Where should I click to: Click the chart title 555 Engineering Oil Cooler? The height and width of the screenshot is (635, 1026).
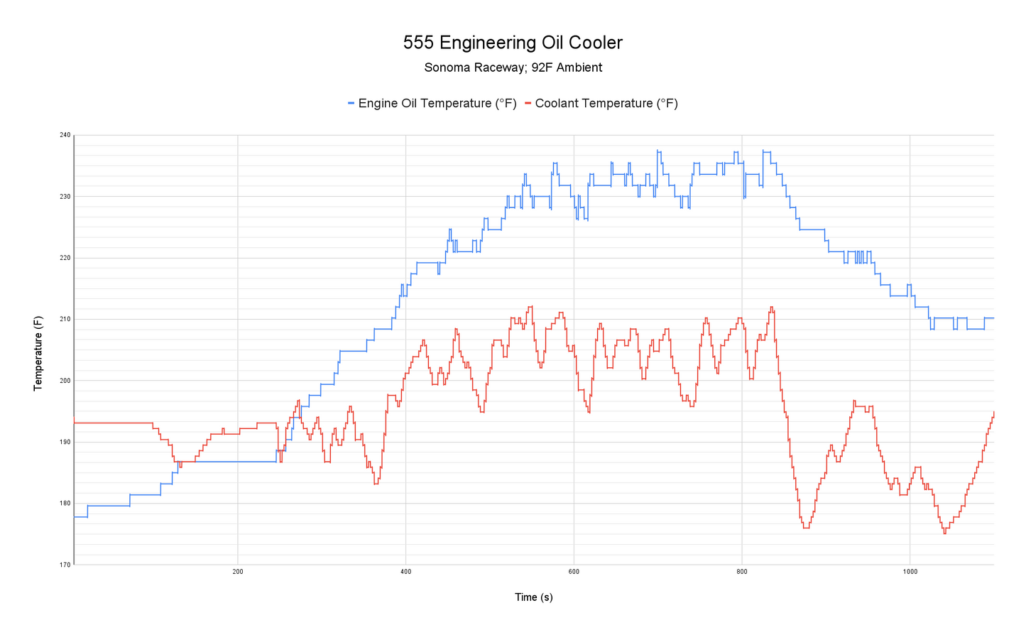click(x=513, y=43)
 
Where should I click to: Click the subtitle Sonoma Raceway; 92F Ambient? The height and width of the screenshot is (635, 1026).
click(x=513, y=68)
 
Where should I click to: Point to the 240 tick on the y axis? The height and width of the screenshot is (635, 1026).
click(x=65, y=135)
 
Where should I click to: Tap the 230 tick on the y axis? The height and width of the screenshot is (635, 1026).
click(x=65, y=197)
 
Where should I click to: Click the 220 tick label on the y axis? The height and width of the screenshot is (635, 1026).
click(x=65, y=258)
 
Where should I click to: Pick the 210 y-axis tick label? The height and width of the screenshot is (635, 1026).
click(x=65, y=320)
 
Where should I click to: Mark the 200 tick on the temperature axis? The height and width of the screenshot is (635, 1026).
click(x=65, y=381)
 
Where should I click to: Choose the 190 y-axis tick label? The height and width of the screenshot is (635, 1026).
click(x=65, y=443)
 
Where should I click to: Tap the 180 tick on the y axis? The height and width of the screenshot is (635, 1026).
click(x=65, y=504)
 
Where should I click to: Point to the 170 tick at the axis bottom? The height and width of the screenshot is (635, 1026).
click(x=65, y=565)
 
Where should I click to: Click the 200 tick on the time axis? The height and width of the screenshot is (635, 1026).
click(x=238, y=572)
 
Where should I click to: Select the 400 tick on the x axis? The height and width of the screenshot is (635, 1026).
click(x=405, y=572)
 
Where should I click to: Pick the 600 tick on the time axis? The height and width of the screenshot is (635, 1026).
click(x=574, y=572)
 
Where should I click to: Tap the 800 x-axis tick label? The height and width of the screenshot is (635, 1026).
click(x=742, y=572)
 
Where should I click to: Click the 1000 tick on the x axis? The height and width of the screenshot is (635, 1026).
click(x=910, y=572)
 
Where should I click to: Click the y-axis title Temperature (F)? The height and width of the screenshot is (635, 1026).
click(x=38, y=353)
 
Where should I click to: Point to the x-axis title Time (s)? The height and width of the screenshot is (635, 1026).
click(x=533, y=597)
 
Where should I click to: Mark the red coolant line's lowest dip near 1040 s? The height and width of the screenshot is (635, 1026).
click(x=944, y=533)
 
